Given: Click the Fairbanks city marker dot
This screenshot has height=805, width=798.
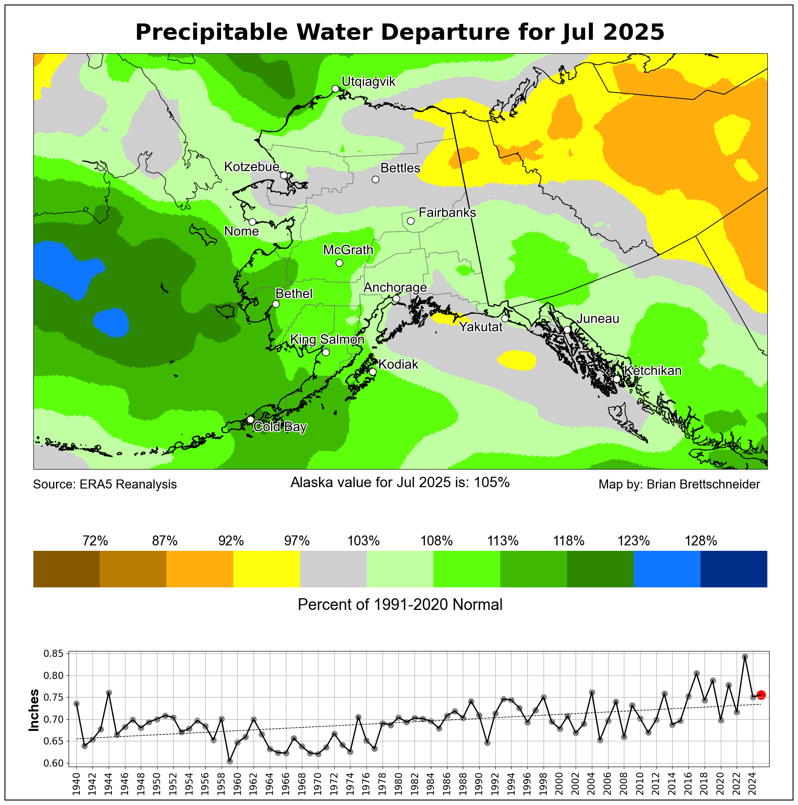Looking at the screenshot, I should pos(411,221).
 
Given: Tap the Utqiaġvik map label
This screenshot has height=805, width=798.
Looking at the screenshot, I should pos(368,82).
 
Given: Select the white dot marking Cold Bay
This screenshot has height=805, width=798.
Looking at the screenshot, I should pos(250,419).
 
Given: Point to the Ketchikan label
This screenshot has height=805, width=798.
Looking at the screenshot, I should pos(653,371).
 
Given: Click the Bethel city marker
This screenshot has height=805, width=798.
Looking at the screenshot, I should pos(276,304).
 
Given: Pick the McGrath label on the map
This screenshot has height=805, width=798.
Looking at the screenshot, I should pos(348,250).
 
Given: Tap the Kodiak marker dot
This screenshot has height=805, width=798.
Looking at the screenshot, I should pos(373,372).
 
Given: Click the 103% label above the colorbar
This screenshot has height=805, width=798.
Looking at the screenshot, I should pos(363,541).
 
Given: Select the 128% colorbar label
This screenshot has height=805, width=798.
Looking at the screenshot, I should pos(701,541).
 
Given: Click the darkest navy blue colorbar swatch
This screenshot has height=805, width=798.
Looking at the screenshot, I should pos(733,569).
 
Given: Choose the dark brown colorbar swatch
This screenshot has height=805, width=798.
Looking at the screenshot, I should pos(66,569).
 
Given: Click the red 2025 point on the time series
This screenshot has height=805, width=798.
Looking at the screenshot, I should pos(761,695).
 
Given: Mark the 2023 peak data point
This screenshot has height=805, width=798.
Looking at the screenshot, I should pos(745,657).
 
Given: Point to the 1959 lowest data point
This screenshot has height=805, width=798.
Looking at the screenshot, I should pos(230,761).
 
